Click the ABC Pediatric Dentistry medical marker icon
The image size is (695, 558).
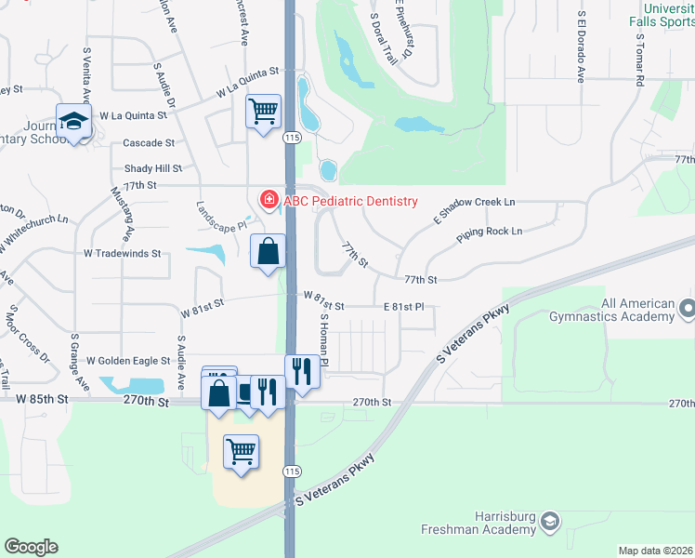coord(269,200)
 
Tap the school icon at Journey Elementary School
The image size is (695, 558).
coord(73,121)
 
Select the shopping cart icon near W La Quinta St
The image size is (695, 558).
coord(264,112)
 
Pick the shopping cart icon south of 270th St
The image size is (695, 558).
coord(242,452)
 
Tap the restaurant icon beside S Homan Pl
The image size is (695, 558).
coord(303,371)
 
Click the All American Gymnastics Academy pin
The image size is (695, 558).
coord(687,307)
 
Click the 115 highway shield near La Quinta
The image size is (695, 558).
coord(292,137)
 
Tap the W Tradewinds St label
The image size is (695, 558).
coord(123,253)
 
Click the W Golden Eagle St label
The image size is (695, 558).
coord(128,360)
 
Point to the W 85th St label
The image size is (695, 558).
coord(43,399)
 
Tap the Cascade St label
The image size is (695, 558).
coord(149,143)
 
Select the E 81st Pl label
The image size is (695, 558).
coord(403,306)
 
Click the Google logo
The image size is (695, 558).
coord(31,547)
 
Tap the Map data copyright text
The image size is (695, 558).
coord(655,551)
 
